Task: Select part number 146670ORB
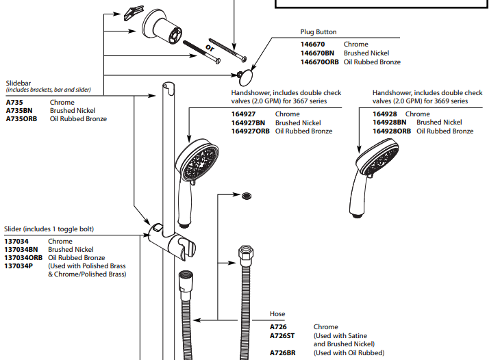pos(320,62)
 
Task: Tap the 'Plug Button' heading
pos(318,32)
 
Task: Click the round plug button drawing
pos(246,75)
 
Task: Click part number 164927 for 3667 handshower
pos(243,114)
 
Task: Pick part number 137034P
pos(18,266)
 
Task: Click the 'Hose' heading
pos(277,314)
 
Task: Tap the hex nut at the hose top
pos(245,257)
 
